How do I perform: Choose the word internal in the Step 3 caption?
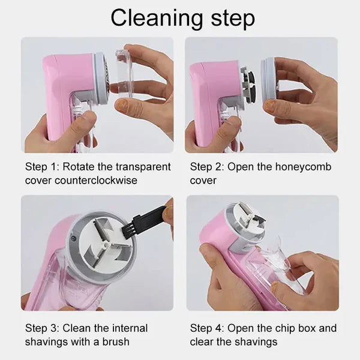[x=128, y=328]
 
